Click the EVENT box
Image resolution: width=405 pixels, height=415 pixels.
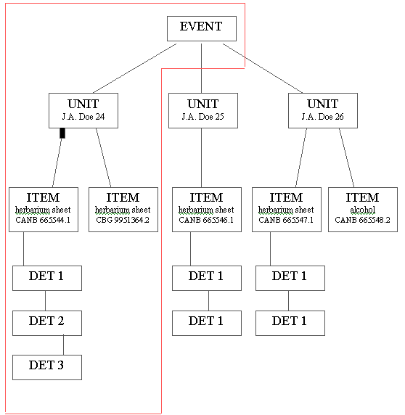coord(202,28)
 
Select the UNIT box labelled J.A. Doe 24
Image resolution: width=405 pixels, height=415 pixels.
coord(83,110)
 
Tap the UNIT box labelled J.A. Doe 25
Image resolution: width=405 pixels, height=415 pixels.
coord(203,110)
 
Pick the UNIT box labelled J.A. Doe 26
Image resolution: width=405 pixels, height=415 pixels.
coord(323,110)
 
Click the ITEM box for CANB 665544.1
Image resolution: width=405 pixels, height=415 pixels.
coord(44,210)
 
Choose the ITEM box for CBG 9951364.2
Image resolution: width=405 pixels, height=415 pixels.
coord(123,210)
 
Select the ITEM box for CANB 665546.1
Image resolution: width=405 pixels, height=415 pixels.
coord(207,210)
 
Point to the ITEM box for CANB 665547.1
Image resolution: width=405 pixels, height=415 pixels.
coord(287,210)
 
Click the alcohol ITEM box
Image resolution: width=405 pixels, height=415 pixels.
coord(363,210)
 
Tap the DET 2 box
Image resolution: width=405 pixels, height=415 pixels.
coord(47,323)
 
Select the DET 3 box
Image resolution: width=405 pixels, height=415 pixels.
coord(47,367)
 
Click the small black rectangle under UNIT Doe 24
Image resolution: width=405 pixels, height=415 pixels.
coord(62,133)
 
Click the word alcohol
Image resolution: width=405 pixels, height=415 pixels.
coord(363,210)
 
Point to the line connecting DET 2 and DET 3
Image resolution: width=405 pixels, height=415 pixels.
coord(64,345)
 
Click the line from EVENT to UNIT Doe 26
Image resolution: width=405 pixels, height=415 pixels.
coord(263,68)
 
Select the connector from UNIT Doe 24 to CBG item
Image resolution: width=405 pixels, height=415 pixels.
coord(104,157)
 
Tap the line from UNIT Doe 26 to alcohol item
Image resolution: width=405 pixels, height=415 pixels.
coord(347,157)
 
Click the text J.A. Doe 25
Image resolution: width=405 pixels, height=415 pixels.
coord(202,117)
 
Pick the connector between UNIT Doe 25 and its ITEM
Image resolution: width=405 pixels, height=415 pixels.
coord(202,157)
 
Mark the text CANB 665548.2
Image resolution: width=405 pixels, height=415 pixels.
coord(362,220)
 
